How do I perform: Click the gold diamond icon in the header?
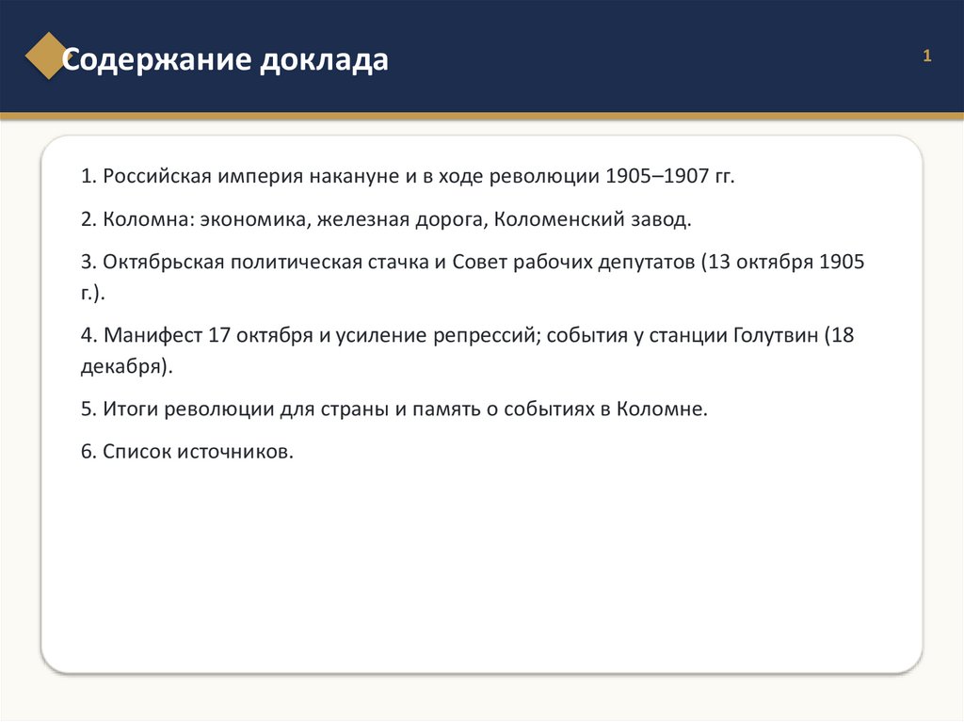[x=47, y=56]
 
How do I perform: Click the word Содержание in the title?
[x=157, y=59]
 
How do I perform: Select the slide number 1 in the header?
[x=927, y=56]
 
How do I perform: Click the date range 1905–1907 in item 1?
[x=656, y=176]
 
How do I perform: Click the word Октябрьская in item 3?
[x=164, y=263]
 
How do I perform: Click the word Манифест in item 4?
[x=153, y=336]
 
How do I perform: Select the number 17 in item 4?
[x=219, y=336]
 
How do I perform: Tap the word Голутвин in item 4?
[x=776, y=336]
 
